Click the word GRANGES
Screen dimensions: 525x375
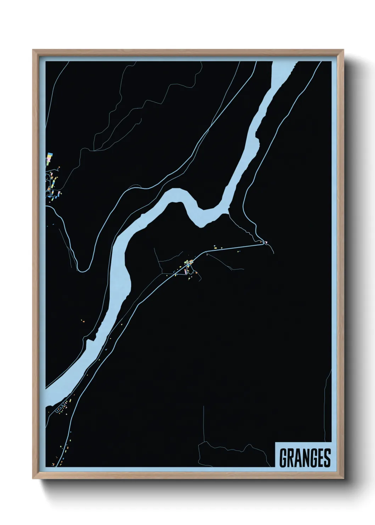[305, 458]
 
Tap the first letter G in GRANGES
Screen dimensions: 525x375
[284, 458]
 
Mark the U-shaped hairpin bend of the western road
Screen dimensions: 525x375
[82, 270]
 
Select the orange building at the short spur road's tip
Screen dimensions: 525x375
[196, 273]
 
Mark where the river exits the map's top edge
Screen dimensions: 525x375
[284, 62]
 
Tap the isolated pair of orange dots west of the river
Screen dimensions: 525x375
[83, 321]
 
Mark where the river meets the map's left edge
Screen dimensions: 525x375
[47, 396]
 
